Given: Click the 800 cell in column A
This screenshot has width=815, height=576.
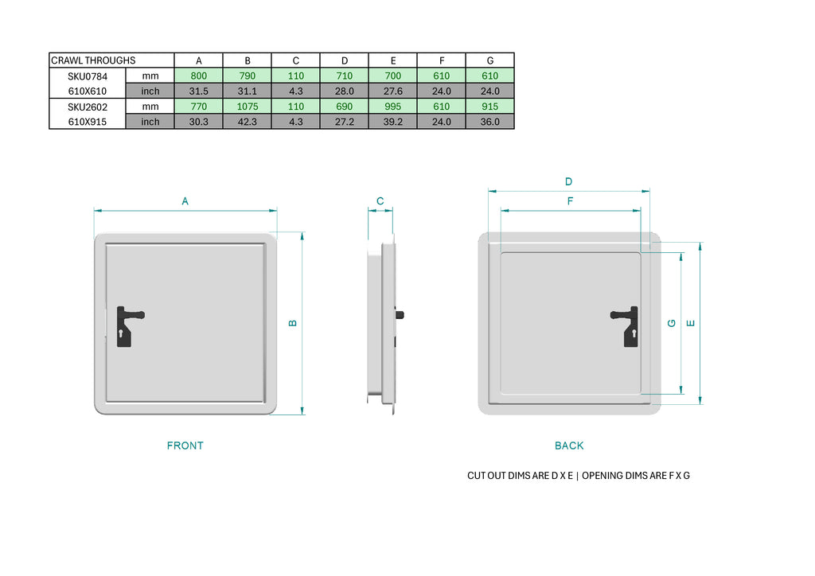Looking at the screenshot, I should [198, 76].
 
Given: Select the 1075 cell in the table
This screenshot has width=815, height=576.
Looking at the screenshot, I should [248, 107].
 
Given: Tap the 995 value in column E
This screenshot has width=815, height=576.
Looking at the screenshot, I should [393, 107].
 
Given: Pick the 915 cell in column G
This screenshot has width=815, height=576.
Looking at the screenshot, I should [490, 107].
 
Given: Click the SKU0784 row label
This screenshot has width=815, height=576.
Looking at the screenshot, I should [87, 76].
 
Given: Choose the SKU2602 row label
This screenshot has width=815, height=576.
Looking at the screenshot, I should [87, 107].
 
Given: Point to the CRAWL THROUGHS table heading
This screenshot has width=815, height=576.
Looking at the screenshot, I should [93, 60].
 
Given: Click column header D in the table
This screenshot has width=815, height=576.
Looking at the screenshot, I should [345, 60].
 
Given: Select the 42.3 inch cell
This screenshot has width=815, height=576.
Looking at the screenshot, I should [248, 122].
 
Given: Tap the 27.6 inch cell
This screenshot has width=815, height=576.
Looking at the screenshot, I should [393, 91].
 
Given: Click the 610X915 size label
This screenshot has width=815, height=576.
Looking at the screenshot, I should [87, 122].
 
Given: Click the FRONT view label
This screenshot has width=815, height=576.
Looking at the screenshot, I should [185, 446].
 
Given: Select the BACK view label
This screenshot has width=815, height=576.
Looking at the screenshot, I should [569, 446].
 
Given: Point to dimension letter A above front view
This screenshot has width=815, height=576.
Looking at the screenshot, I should [185, 201].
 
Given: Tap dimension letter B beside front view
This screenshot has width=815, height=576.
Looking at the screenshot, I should [292, 323].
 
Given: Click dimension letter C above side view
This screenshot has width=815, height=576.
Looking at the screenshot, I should [380, 201].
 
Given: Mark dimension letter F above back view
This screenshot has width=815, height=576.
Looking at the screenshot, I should [570, 201].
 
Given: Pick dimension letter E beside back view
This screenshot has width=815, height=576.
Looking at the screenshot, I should [690, 323].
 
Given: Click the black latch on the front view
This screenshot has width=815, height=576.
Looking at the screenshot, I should [127, 325].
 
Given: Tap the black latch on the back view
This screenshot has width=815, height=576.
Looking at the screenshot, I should [626, 325].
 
